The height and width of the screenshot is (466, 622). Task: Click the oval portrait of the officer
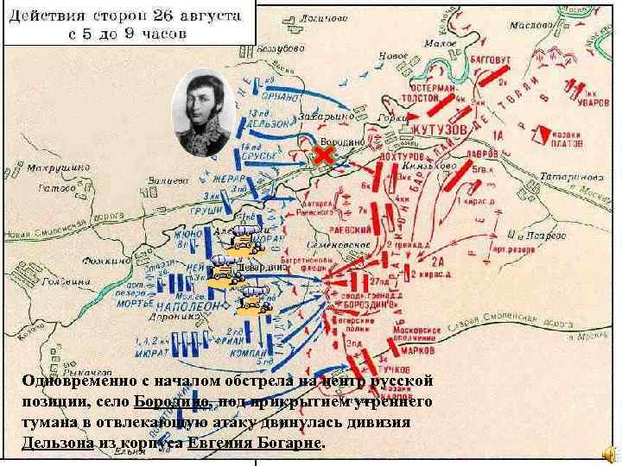pyautogui.click(x=203, y=112)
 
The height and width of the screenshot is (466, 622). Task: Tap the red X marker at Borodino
pyautogui.click(x=323, y=155)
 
